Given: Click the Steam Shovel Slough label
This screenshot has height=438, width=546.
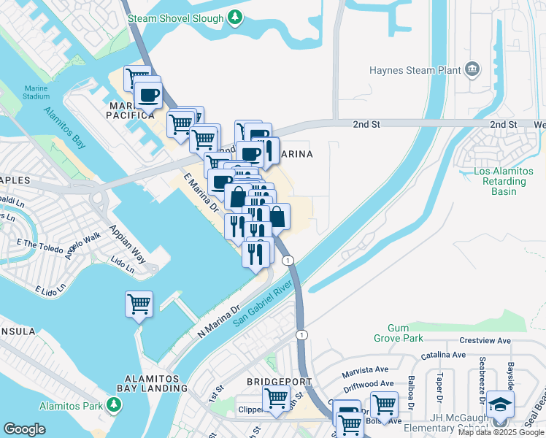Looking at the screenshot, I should click(175, 16).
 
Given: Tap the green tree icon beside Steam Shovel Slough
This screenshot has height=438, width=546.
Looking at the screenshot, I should click(235, 16).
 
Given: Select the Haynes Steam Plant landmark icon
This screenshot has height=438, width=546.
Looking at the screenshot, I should click(472, 70).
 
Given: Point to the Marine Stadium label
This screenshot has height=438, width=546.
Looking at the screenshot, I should click(36, 92).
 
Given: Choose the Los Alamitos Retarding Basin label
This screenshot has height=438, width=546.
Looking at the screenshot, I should click(500, 182).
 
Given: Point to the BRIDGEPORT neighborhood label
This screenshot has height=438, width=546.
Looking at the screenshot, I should click(279, 382).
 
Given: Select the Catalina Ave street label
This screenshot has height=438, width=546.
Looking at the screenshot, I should click(442, 355).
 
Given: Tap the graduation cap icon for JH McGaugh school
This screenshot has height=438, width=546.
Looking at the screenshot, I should click(501, 404).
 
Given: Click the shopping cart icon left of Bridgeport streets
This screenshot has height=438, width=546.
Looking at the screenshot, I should click(276, 399).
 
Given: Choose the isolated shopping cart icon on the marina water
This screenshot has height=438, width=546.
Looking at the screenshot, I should click(139, 304).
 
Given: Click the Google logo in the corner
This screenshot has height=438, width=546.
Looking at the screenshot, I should click(25, 429).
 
